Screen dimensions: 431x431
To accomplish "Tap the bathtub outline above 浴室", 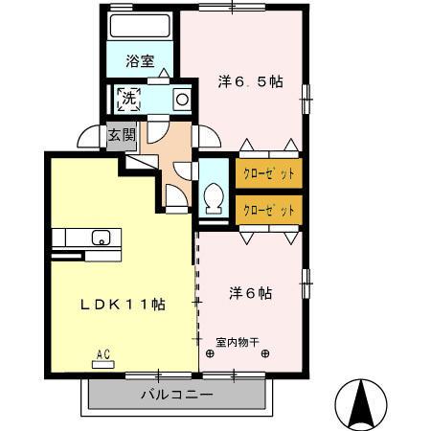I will coord(139,27).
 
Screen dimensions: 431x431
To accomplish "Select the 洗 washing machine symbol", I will coord(127,97).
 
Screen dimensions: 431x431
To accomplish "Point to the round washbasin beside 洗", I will coord(181,99).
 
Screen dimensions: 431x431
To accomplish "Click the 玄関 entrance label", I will coord(120,134).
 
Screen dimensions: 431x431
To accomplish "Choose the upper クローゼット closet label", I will coord(268,174).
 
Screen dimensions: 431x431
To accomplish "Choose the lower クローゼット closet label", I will coord(268,209).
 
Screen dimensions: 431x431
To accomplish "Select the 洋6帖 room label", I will coord(251,292).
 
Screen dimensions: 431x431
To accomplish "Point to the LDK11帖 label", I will coord(123,304).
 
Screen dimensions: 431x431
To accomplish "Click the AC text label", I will coord(102,354).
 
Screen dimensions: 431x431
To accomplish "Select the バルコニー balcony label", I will coord(176,394).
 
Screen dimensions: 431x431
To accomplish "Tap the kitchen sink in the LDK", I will coord(100,237).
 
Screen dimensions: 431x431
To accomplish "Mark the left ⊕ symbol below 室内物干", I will coord(210,353).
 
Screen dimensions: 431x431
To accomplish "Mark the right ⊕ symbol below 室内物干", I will coord(264,353).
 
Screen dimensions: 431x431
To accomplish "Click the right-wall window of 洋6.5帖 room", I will coord(306,93).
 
